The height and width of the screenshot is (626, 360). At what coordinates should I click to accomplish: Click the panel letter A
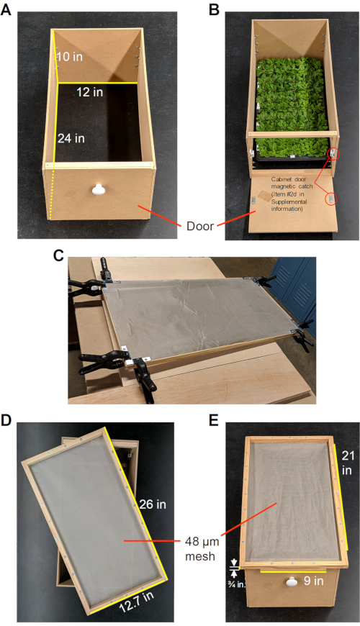[6, 9]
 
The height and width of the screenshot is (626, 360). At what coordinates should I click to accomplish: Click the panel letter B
[214, 9]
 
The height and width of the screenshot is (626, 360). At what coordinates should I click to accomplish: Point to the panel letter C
[58, 255]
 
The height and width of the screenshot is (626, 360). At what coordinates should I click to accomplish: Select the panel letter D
[6, 420]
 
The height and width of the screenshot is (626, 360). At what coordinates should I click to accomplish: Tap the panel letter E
[214, 420]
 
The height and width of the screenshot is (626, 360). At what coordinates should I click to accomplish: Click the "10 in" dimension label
[70, 57]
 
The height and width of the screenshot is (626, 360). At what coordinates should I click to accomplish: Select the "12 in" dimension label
[89, 92]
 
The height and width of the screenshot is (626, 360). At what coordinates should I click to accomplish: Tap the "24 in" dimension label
[71, 139]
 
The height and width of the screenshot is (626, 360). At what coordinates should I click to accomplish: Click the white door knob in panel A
[97, 190]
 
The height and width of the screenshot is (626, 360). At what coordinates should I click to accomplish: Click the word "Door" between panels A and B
[199, 227]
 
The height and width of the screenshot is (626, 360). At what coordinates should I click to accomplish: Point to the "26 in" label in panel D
[153, 504]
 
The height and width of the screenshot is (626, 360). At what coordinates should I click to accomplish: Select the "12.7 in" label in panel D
[137, 602]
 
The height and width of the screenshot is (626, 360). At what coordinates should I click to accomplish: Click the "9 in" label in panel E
[313, 581]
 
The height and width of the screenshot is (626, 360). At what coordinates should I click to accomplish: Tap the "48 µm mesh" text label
[202, 549]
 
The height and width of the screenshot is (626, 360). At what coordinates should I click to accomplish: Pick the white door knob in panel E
[292, 582]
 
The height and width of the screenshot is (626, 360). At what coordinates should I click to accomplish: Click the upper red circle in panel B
[333, 154]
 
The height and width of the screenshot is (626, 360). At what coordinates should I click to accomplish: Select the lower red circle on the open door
[330, 199]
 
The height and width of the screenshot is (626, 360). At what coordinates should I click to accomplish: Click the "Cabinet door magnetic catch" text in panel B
[292, 183]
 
